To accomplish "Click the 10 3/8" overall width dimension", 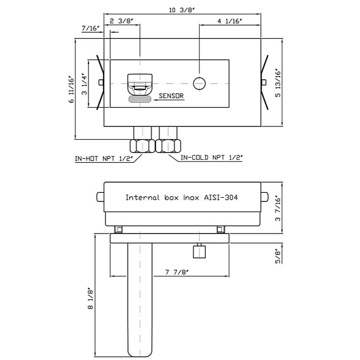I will coord(182,10).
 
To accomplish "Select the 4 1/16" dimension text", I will coord(229,21).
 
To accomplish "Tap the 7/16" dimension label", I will coord(91,28).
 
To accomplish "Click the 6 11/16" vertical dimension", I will coord(71,91).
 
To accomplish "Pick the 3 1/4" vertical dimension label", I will coord(84,85).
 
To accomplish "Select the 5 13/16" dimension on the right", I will coord(277,83).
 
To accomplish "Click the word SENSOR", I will coord(171,96).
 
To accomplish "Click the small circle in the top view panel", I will coord(199,83).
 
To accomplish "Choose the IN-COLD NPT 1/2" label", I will coord(211,158).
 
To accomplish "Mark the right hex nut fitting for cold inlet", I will coord(168,146).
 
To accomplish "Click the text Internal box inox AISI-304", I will coord(182,197).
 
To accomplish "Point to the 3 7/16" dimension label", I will coord(277,209).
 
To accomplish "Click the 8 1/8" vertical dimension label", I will coord(91,298).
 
